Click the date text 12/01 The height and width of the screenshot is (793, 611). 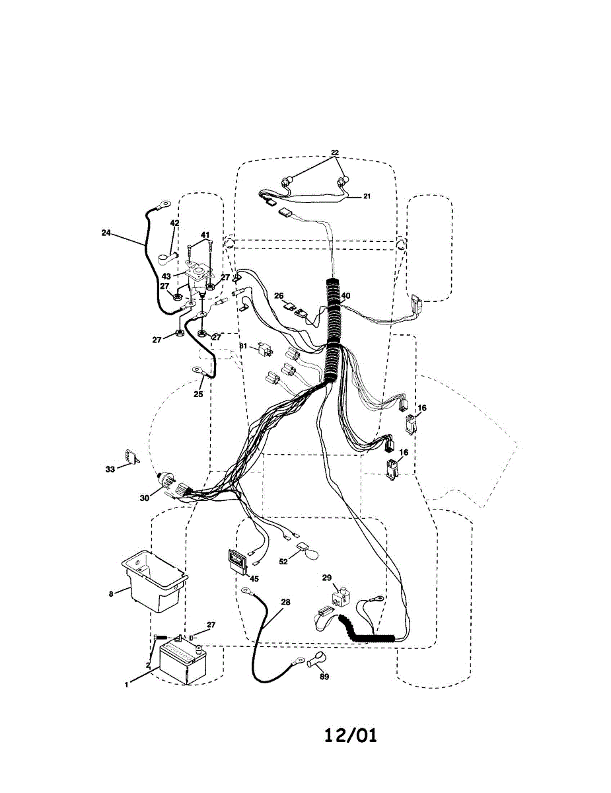pos(351,736)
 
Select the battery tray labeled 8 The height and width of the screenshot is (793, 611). pos(153,580)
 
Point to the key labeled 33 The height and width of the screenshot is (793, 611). pos(129,457)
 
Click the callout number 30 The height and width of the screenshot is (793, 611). pos(145,498)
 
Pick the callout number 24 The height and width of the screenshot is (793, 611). pos(106,233)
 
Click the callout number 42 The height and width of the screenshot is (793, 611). pos(174,223)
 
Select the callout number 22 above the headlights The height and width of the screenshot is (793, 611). pos(335,153)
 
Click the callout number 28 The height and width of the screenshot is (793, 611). pos(285,602)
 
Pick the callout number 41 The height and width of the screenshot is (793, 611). pos(205,235)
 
